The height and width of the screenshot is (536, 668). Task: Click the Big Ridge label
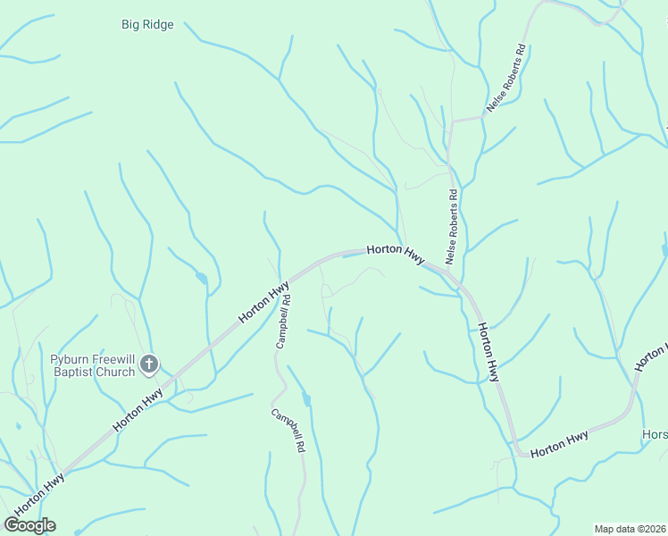coord(147,25)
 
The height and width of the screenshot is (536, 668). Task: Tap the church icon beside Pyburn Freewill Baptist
coord(149,364)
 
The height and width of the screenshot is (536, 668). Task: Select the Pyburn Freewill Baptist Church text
coord(92,364)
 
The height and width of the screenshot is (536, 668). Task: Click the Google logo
coord(29,525)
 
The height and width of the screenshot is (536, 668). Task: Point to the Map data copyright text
coord(630,529)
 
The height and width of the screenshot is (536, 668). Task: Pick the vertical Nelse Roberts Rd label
coord(452,227)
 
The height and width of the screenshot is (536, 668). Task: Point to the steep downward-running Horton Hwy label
coord(488,353)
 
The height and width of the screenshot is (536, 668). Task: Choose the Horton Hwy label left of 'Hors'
coord(559,444)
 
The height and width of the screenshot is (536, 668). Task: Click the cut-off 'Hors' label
coord(655,435)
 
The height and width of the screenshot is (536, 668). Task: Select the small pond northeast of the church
coord(203,279)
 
